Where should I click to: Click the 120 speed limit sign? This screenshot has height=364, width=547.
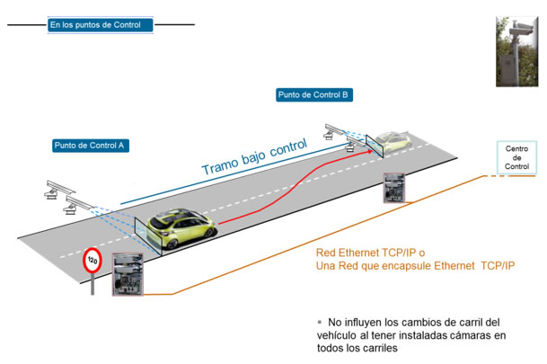(93, 262)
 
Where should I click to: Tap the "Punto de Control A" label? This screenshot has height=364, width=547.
(90, 145)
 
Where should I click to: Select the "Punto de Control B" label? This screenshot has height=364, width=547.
(313, 95)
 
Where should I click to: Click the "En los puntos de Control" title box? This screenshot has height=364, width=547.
(101, 24)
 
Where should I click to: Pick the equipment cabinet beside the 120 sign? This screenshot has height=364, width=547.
(128, 275)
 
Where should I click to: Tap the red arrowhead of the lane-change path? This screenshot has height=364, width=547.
(366, 152)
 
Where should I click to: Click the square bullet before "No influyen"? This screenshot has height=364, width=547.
(319, 322)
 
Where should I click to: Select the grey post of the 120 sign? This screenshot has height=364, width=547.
(93, 287)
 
